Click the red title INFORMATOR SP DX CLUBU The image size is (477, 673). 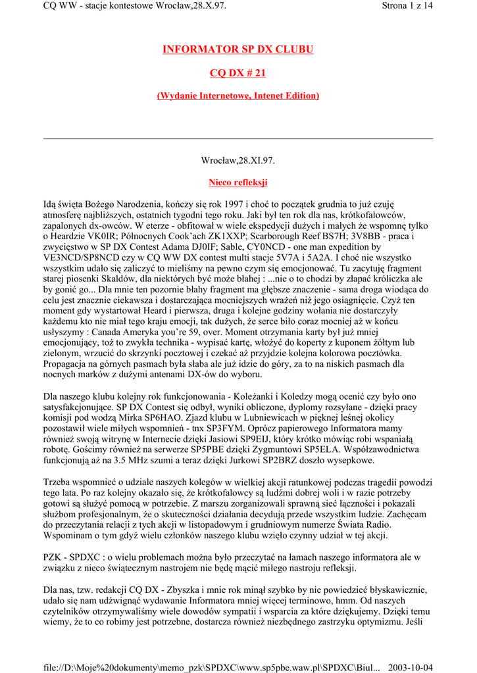pyautogui.click(x=238, y=49)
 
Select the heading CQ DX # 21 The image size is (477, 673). pyautogui.click(x=238, y=73)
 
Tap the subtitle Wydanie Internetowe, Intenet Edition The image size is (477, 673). pyautogui.click(x=238, y=96)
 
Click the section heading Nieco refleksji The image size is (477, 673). pyautogui.click(x=238, y=182)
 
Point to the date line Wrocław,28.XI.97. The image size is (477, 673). pyautogui.click(x=238, y=160)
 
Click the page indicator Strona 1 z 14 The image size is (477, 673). pyautogui.click(x=407, y=6)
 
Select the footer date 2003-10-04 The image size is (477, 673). pyautogui.click(x=411, y=665)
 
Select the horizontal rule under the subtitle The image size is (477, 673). pyautogui.click(x=238, y=139)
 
